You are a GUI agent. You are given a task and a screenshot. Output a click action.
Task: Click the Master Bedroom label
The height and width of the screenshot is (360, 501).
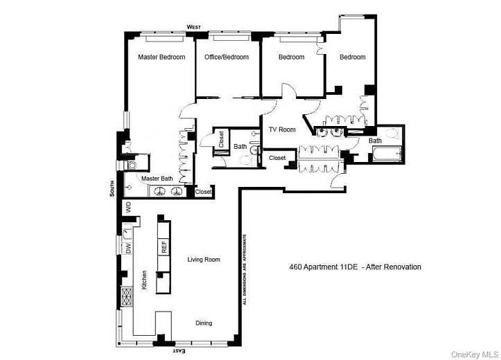tap(161, 57)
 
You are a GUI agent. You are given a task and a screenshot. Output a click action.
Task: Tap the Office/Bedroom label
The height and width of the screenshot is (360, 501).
tap(226, 57)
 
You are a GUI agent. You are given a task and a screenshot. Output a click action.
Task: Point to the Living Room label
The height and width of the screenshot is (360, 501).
tap(204, 260)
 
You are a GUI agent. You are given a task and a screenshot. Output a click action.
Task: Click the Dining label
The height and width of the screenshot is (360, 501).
tap(203, 323)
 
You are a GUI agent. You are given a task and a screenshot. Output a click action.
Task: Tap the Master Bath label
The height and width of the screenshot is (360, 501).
tap(157, 179)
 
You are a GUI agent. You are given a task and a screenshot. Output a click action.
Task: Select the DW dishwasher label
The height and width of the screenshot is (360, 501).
tap(128, 248)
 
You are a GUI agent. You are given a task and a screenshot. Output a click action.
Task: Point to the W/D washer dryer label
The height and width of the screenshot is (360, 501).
tap(128, 207)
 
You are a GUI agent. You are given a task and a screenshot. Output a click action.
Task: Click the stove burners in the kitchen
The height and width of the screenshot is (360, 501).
tap(127, 297)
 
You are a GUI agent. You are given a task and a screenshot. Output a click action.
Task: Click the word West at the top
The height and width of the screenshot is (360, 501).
tap(194, 27)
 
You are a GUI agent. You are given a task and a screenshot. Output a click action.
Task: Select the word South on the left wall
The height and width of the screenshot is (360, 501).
tap(112, 189)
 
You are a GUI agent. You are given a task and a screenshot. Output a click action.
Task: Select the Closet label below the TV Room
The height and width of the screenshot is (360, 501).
tap(277, 158)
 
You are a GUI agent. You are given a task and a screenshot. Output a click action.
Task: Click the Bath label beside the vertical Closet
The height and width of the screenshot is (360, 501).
tap(240, 147)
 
